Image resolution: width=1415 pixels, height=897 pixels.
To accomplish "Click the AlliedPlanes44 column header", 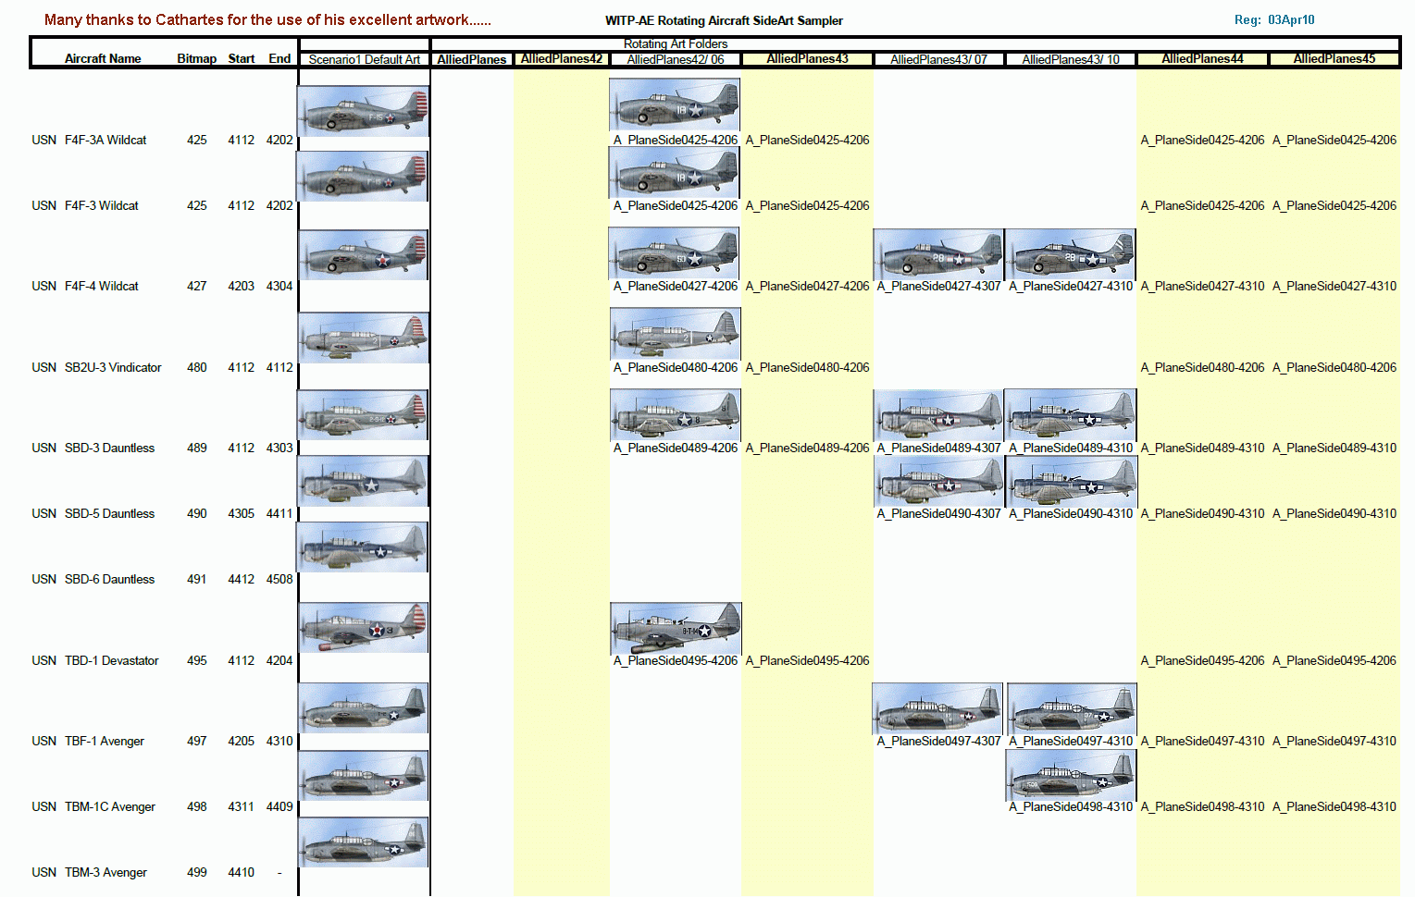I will click(x=1202, y=59).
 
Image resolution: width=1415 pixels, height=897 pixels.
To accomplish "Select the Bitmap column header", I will click(x=196, y=59).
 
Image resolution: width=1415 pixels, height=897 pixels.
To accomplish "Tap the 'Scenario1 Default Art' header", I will click(x=365, y=59).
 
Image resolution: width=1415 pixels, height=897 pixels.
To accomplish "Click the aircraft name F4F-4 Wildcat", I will click(x=102, y=287).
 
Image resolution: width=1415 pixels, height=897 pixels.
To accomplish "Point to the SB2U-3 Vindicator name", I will click(x=113, y=368).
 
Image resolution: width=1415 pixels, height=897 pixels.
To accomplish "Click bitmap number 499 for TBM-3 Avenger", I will click(x=197, y=873).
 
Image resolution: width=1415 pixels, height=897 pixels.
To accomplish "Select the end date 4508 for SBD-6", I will click(x=279, y=580).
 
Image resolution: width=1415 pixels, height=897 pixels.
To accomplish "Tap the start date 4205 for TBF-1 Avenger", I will click(x=241, y=742).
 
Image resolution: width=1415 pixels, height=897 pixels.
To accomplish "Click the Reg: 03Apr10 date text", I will click(x=1274, y=20).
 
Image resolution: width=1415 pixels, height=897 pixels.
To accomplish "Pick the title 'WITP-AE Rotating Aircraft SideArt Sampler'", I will click(x=724, y=21).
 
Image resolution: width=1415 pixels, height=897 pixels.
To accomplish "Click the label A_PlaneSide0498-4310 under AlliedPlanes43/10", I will click(x=1071, y=807).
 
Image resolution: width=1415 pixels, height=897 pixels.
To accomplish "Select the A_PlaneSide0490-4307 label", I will click(x=938, y=514).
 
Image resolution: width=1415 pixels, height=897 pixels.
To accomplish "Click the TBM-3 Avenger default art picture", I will click(x=364, y=842).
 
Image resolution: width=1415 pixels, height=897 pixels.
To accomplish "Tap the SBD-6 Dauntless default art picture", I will click(x=363, y=547).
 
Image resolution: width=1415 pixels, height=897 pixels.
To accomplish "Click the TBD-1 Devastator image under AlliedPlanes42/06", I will click(x=676, y=629).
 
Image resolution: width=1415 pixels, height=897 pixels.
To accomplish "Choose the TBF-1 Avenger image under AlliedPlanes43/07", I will click(x=937, y=709).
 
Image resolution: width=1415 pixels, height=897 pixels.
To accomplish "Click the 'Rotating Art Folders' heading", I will click(x=676, y=44).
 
